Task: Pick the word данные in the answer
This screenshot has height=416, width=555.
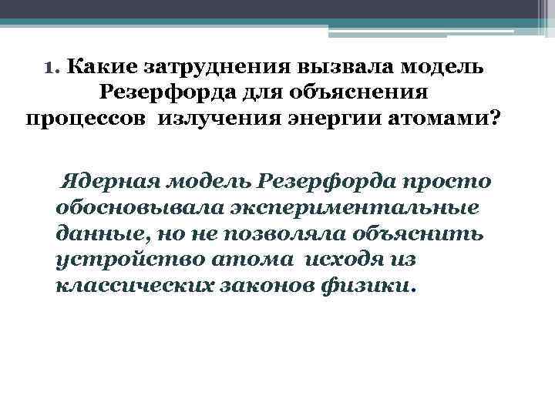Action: click(96, 234)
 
